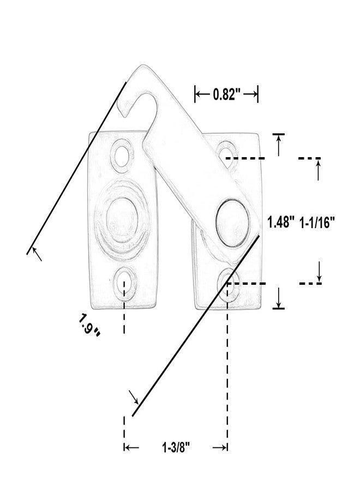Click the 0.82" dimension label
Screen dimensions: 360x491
pos(226,94)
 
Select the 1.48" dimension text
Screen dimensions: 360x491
pos(280,223)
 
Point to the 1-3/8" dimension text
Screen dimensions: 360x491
pos(176,447)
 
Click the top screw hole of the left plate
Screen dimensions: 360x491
pos(122,155)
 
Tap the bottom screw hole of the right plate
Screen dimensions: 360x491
pos(230,285)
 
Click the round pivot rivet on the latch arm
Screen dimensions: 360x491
pos(232,223)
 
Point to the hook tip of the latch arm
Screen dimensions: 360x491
pos(125,115)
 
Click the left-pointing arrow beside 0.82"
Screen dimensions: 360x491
pos(202,94)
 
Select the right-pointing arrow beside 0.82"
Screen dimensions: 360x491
pos(250,94)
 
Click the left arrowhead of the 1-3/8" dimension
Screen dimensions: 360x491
pos(131,448)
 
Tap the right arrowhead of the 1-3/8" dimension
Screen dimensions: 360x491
pos(220,448)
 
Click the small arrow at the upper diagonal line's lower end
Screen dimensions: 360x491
pos(37,254)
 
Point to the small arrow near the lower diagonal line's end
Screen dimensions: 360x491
pos(134,397)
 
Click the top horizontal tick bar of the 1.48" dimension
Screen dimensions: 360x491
pos(279,134)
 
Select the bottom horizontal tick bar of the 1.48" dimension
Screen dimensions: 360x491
pos(279,308)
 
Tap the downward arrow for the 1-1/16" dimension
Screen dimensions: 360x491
pos(319,271)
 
